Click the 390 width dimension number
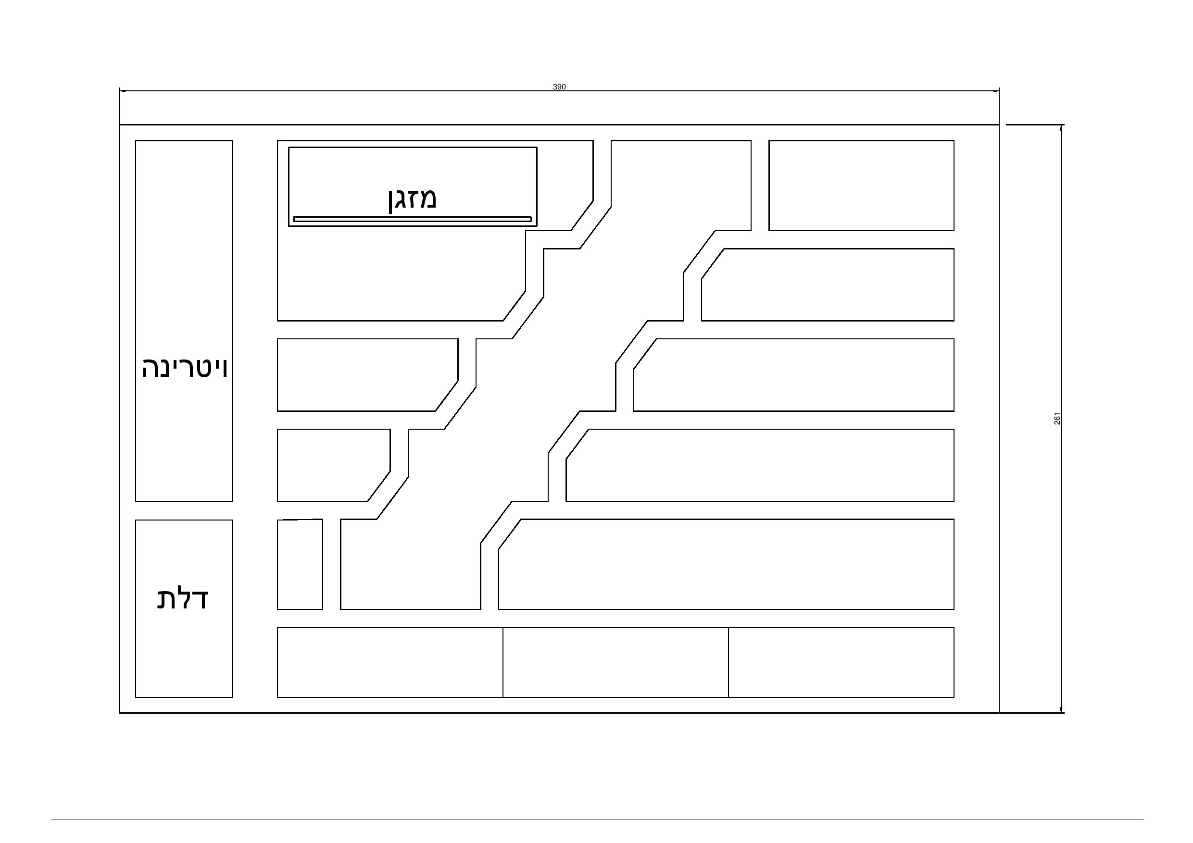[559, 87]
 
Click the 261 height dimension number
[1057, 419]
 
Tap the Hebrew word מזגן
[412, 199]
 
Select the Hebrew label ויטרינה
[185, 368]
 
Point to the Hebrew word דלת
[182, 598]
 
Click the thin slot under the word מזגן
[412, 219]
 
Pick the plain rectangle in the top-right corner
[861, 186]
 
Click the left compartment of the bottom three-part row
[389, 662]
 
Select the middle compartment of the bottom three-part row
[615, 662]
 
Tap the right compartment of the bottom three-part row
[841, 662]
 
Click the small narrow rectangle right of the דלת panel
[300, 564]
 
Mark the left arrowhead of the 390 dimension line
[123, 91]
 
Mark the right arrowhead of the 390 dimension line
[996, 91]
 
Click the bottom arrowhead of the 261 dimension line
[1061, 709]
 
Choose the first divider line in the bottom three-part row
[503, 662]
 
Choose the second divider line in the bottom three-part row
[728, 662]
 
